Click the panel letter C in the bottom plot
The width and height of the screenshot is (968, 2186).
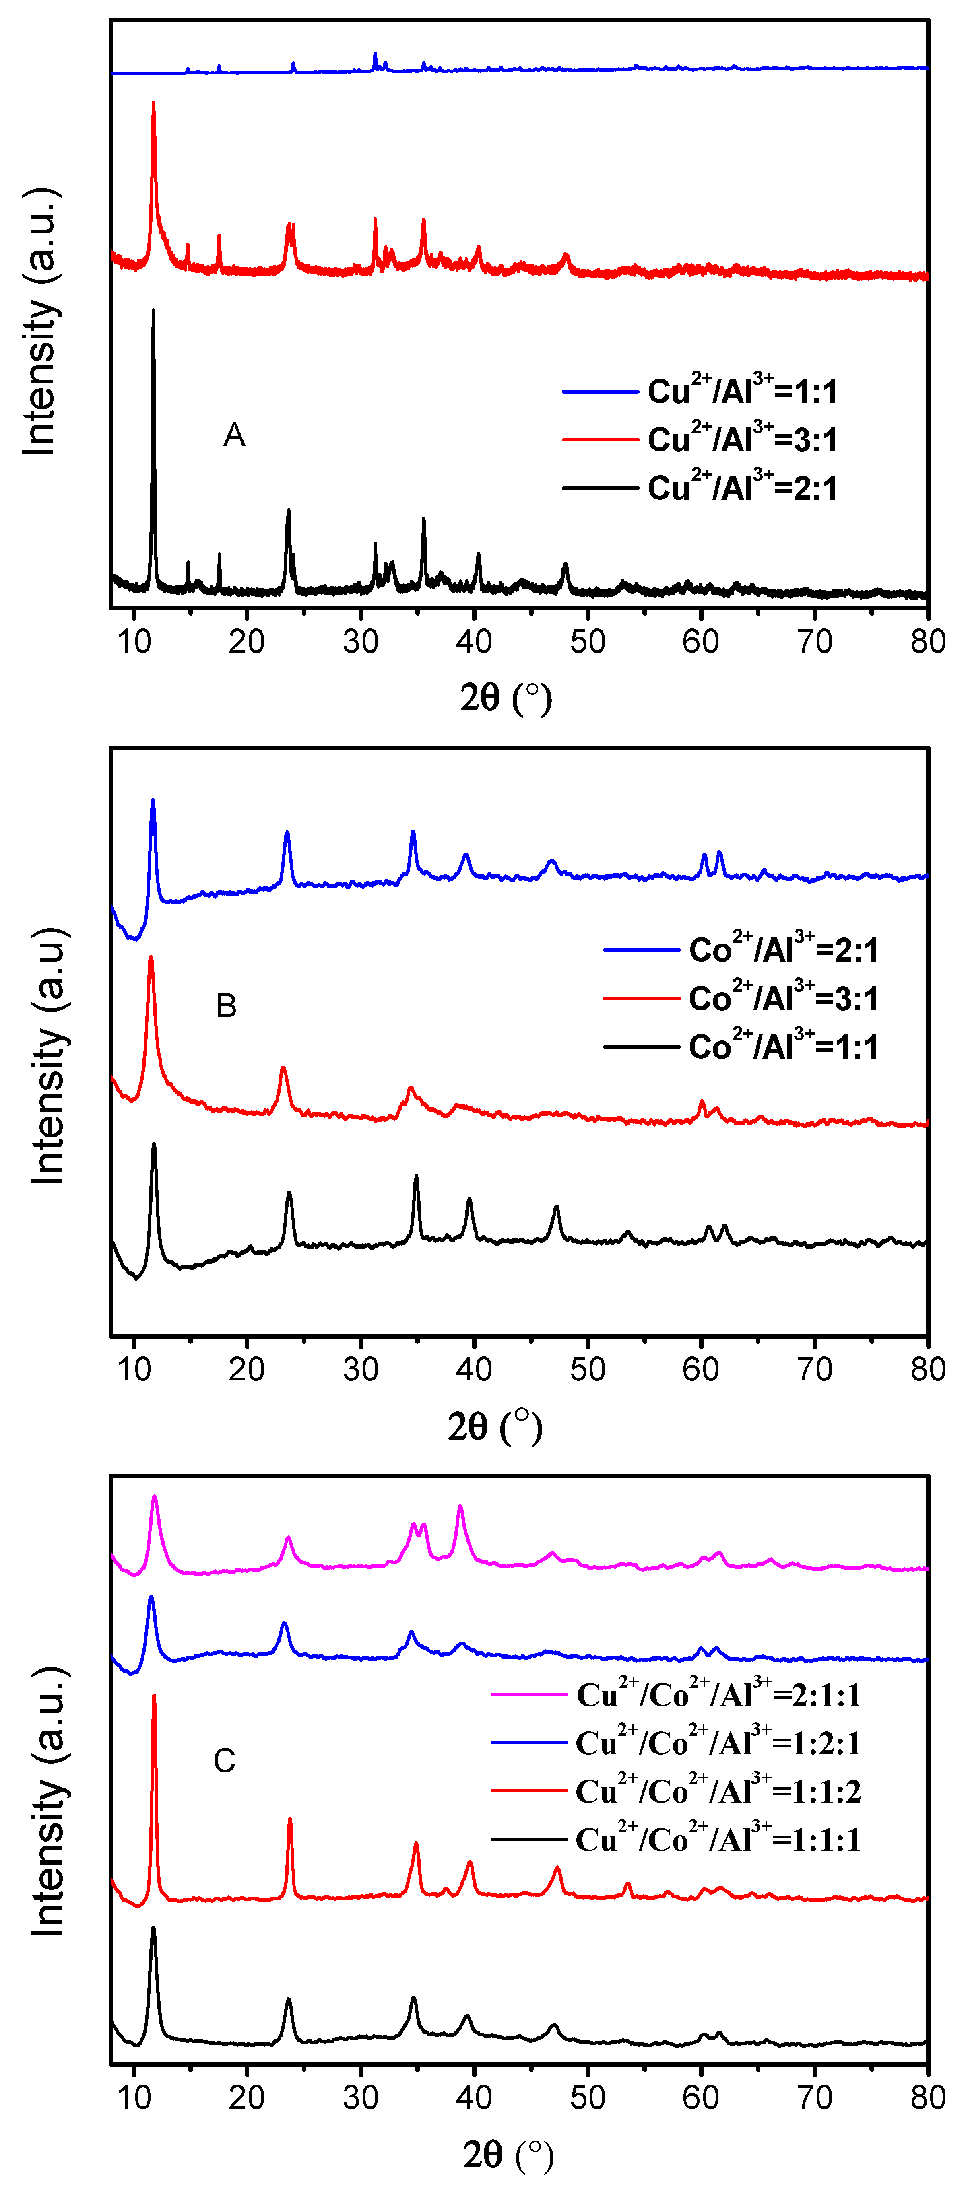(x=224, y=1761)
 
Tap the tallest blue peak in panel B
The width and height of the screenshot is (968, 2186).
(x=153, y=800)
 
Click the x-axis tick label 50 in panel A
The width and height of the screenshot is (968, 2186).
(x=588, y=641)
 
